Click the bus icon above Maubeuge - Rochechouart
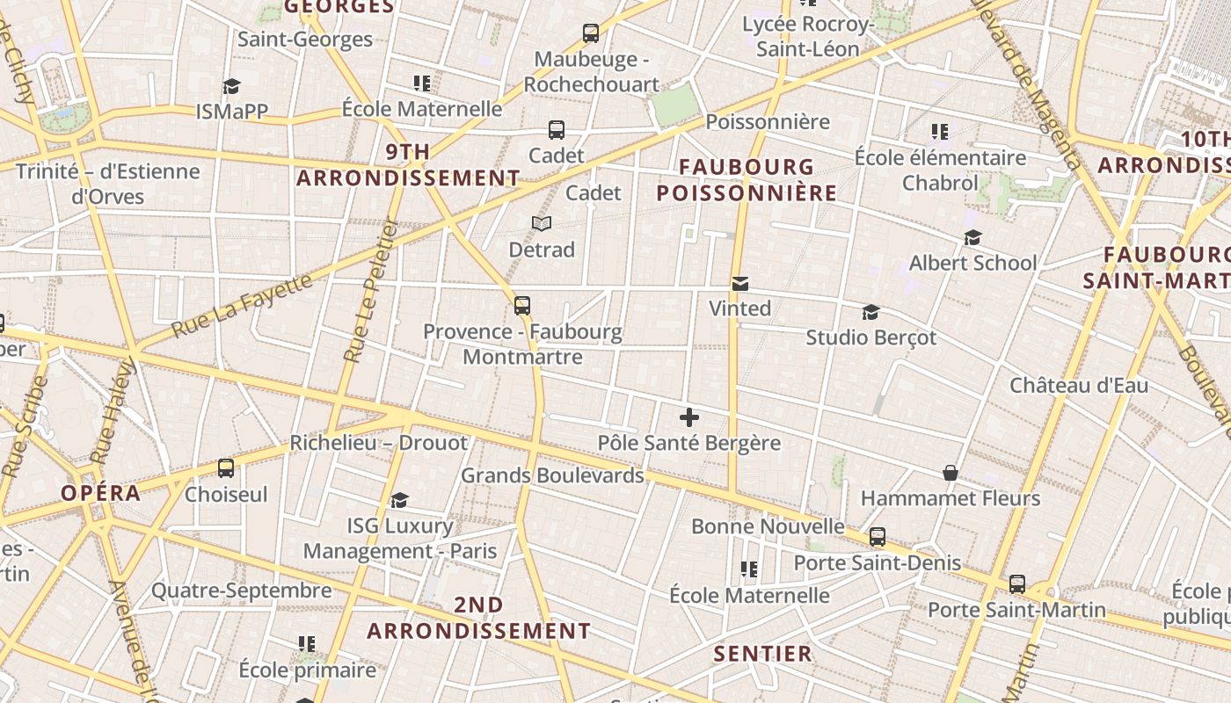(591, 33)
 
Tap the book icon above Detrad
(542, 224)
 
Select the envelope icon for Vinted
(740, 284)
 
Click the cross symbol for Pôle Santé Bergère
(689, 417)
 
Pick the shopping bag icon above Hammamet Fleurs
(951, 473)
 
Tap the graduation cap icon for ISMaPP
(231, 86)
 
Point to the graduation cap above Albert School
(972, 237)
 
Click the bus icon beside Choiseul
(226, 467)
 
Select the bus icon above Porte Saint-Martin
(1017, 583)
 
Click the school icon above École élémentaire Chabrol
(940, 132)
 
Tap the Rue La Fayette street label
(242, 306)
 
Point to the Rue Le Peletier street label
(368, 290)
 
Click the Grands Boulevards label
(552, 475)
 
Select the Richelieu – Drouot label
(378, 443)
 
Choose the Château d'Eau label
(1079, 385)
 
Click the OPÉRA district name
(101, 493)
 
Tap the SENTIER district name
(762, 654)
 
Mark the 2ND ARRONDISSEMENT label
(479, 618)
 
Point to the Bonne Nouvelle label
(768, 526)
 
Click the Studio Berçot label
(871, 337)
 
